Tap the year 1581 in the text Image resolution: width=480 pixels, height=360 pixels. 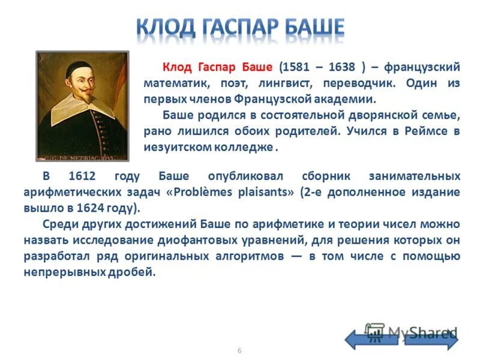[298, 67]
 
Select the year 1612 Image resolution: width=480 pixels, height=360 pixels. [83, 176]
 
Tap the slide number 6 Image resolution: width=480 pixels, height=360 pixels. [239, 350]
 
